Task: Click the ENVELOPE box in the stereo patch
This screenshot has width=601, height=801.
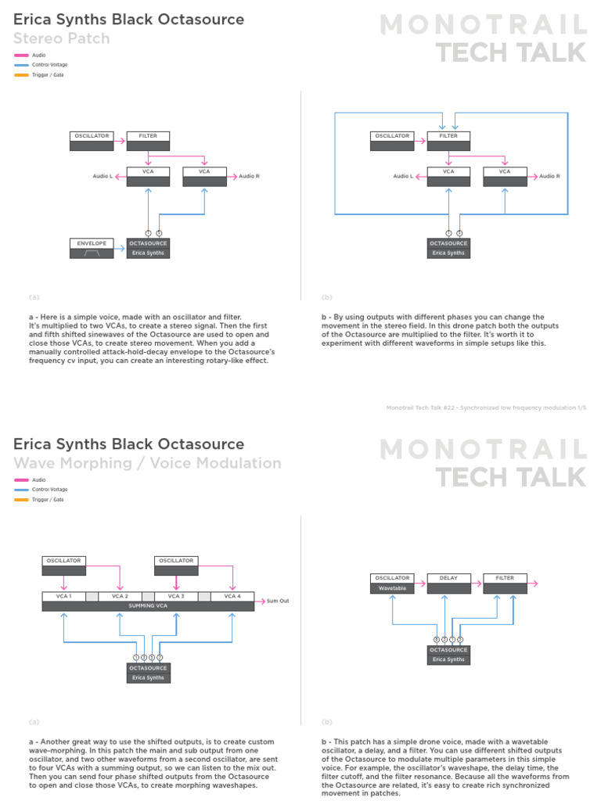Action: pos(92,248)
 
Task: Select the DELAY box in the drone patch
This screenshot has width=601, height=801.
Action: pos(448,583)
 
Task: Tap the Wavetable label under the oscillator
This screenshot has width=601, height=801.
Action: pos(392,587)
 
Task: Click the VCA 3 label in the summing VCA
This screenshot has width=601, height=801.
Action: pos(175,596)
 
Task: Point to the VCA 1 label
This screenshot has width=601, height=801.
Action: pos(63,596)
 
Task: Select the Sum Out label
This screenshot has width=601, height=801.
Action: pos(278,601)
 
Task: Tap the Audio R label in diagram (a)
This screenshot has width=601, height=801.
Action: pos(249,176)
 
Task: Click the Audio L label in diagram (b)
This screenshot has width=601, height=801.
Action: pos(403,176)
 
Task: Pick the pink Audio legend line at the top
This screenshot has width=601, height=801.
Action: pos(21,56)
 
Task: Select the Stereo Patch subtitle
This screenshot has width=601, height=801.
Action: pos(62,38)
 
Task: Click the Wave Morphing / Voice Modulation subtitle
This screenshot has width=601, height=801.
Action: pos(147,463)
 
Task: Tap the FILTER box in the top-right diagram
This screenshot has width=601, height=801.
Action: pos(448,141)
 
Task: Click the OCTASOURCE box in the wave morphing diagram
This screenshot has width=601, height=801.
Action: pos(148,673)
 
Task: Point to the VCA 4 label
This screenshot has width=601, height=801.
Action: pos(232,596)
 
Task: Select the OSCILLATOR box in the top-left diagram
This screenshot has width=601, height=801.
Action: pos(92,141)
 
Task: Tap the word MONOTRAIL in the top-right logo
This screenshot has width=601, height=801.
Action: pos(483,25)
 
